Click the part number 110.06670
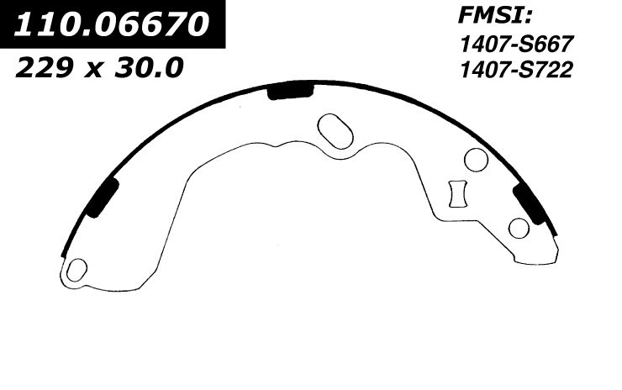(x=111, y=24)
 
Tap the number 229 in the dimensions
(x=44, y=67)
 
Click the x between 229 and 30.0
(x=95, y=70)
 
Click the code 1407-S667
(x=516, y=44)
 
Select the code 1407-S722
(x=516, y=71)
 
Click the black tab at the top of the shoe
(x=291, y=92)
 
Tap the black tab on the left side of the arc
(x=103, y=197)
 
